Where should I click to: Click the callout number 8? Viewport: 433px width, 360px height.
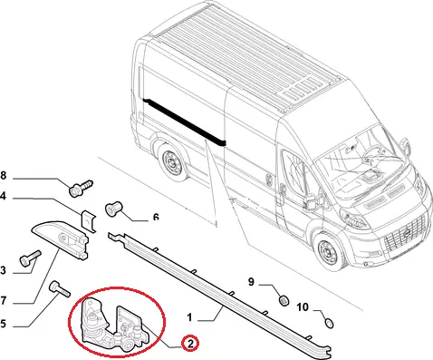tap(3, 175)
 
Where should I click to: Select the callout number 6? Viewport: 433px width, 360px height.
tap(156, 217)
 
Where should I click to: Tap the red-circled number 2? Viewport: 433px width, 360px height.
tap(190, 344)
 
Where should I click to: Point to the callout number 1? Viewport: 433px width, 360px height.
tap(189, 317)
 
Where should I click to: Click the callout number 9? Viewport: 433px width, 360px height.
tap(251, 282)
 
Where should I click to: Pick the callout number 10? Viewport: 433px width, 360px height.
tap(303, 307)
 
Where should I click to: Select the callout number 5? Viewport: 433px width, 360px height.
tap(3, 324)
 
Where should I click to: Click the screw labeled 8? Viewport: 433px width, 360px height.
tap(81, 188)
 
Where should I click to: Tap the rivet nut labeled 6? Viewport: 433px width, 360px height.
tap(112, 209)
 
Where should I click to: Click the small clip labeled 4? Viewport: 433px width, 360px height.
tap(89, 221)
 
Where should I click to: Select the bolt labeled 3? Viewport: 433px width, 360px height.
tap(30, 258)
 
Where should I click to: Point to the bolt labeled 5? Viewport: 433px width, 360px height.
tap(59, 288)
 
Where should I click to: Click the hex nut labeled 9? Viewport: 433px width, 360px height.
tap(284, 300)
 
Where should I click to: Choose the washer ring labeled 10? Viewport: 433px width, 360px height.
tap(329, 323)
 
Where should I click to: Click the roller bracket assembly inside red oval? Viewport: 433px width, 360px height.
tap(115, 324)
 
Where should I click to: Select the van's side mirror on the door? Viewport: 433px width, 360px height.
tap(311, 200)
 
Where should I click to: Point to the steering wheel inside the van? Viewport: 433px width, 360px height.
tap(374, 153)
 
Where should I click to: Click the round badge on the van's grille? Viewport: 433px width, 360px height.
tap(407, 233)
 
